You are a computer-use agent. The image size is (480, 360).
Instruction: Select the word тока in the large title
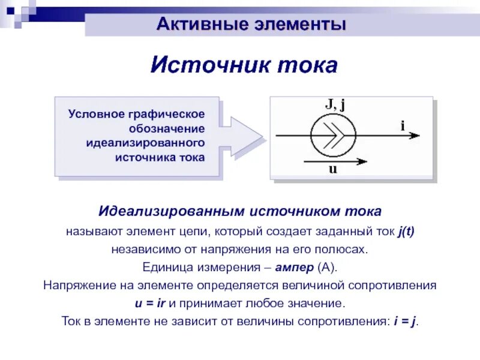pos(308,65)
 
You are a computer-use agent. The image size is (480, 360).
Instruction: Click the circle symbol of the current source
pos(333,135)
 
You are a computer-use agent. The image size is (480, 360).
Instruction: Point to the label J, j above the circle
pos(334,104)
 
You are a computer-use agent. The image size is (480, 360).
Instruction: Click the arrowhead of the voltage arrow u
pos(362,160)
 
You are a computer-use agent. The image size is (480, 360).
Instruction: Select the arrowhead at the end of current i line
pos(415,135)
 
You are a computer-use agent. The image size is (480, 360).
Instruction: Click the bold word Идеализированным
pos(171,212)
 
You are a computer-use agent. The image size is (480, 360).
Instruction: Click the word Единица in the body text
pos(164,267)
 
